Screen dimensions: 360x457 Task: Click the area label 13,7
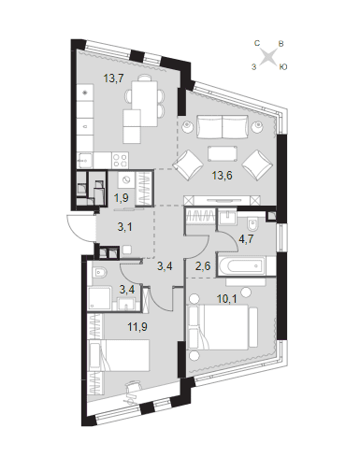coord(114,79)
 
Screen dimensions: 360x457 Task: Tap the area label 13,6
coord(222,176)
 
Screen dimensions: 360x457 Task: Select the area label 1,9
coord(122,198)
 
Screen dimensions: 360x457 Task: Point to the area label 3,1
coord(124,227)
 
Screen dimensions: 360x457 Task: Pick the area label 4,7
coord(246,239)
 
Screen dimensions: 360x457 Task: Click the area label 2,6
coord(204,266)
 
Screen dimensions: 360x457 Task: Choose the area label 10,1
coord(227,299)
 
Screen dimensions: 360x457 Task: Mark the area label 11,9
coord(137,327)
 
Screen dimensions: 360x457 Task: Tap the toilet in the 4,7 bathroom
coord(252,224)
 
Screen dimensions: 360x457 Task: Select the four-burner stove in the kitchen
coord(121,160)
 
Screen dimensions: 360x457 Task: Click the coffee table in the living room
coord(222,153)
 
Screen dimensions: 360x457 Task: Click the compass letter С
coord(257,43)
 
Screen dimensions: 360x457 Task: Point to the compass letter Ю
coord(282,66)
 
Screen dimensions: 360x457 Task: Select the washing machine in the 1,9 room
coord(126,179)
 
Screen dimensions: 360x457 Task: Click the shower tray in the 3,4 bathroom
coord(100,298)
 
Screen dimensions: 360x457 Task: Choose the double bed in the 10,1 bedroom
coord(223,326)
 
